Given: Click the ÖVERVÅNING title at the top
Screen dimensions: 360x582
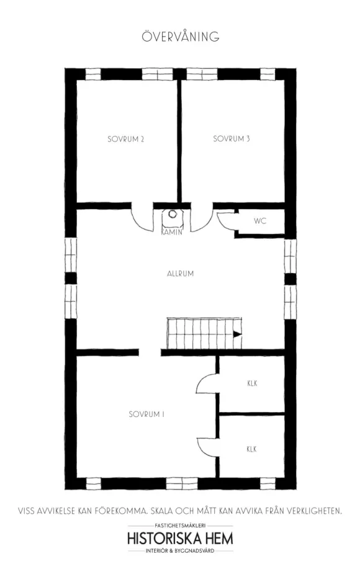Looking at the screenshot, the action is (181, 37).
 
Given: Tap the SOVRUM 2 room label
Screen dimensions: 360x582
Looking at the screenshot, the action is (126, 139).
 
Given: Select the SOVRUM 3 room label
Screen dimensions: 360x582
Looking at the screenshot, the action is (232, 139).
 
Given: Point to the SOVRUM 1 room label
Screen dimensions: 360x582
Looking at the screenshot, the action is (146, 414).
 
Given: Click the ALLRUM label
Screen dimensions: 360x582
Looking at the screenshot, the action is (181, 274).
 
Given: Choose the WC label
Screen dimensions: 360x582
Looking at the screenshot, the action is (260, 221).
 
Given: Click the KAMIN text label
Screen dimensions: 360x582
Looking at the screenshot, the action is (172, 232).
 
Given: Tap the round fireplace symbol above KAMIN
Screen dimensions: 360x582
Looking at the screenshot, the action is (173, 214).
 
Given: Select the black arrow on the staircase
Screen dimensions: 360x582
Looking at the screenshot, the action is (236, 334).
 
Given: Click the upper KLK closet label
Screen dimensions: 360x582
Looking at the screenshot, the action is (253, 383).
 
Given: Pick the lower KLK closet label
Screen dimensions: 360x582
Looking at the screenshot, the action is (251, 449).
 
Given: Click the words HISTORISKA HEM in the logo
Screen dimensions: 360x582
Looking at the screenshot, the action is (181, 538).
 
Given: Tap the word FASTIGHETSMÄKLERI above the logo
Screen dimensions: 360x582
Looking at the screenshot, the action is (180, 526).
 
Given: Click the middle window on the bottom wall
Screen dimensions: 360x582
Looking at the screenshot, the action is (181, 483).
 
